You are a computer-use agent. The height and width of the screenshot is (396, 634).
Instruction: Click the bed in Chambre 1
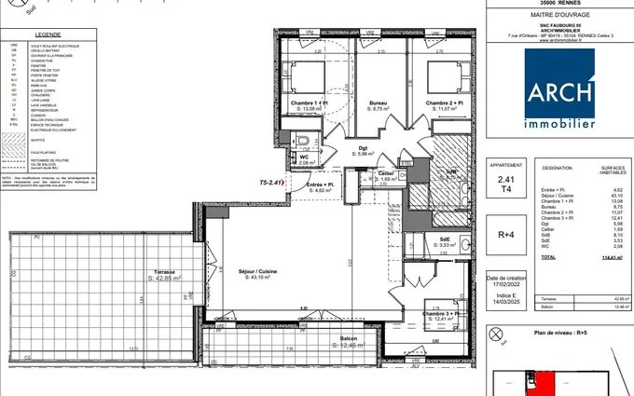308,76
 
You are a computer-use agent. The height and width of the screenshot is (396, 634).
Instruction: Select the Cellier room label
385,172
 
